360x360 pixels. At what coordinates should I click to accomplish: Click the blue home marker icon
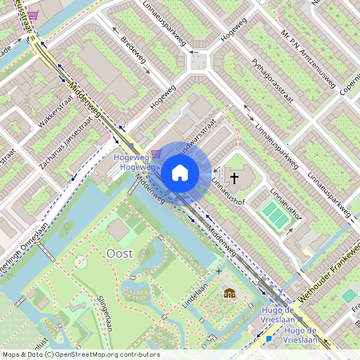180,173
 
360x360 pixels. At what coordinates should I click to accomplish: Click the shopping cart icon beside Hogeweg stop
155,153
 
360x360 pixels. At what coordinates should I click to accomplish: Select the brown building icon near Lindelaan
230,294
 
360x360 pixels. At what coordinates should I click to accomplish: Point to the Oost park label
119,253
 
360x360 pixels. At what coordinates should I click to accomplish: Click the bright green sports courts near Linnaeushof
275,214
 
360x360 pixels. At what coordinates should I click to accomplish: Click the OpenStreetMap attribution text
80,354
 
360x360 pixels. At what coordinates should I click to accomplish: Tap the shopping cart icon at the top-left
31,15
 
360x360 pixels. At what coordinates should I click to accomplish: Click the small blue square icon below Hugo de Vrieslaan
269,338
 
